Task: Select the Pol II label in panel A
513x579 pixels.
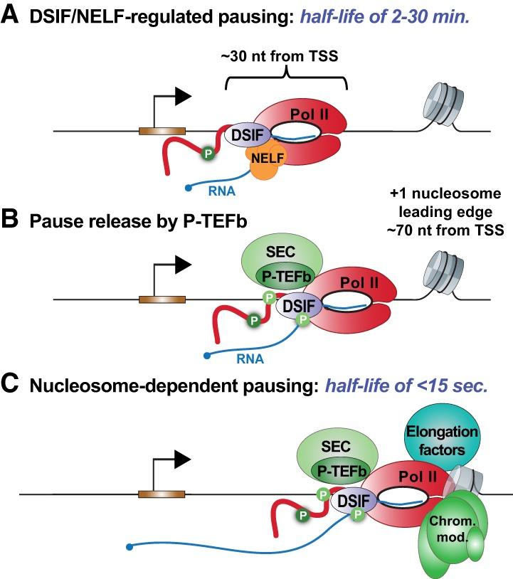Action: click(310, 114)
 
